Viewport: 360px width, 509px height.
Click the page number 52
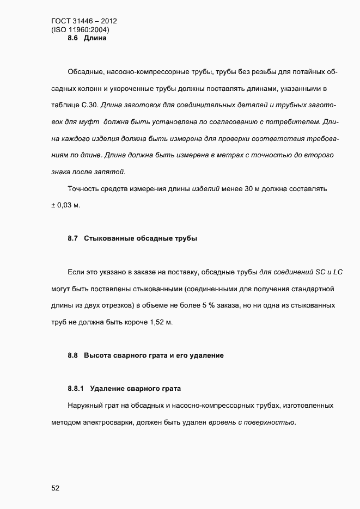tap(55, 488)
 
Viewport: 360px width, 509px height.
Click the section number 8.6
tap(74, 39)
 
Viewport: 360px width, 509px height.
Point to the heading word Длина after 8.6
tap(95, 39)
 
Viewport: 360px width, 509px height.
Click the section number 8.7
tap(74, 238)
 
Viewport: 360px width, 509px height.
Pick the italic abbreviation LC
tap(338, 272)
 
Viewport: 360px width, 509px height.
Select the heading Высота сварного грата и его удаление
tap(154, 355)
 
